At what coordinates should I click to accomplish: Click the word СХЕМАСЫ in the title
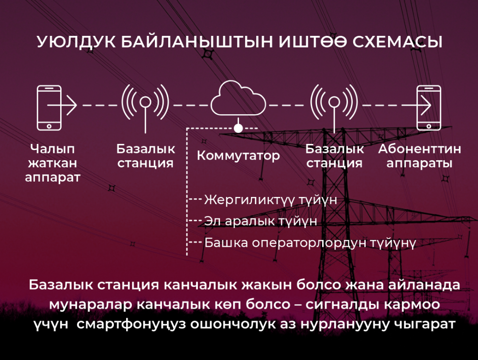(397, 42)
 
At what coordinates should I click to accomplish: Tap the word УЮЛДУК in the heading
(76, 42)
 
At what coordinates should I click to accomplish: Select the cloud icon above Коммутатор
(238, 98)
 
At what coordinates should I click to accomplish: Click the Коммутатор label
(238, 155)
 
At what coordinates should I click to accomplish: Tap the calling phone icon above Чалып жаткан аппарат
(49, 108)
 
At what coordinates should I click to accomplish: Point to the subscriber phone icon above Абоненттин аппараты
(429, 108)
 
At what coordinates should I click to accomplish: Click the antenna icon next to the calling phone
(145, 108)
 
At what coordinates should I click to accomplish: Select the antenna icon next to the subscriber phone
(334, 108)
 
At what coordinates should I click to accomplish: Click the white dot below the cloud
(238, 128)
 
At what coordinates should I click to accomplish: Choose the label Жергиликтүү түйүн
(271, 200)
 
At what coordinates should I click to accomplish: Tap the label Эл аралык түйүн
(261, 221)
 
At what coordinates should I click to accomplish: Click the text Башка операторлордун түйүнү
(310, 243)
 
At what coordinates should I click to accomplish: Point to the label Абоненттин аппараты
(420, 156)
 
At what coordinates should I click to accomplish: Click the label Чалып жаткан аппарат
(53, 163)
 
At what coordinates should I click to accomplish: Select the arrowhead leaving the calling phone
(72, 106)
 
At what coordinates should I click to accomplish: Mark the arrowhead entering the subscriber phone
(426, 106)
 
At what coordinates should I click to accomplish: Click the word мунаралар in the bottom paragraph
(90, 305)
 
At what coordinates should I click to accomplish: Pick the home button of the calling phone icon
(49, 126)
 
